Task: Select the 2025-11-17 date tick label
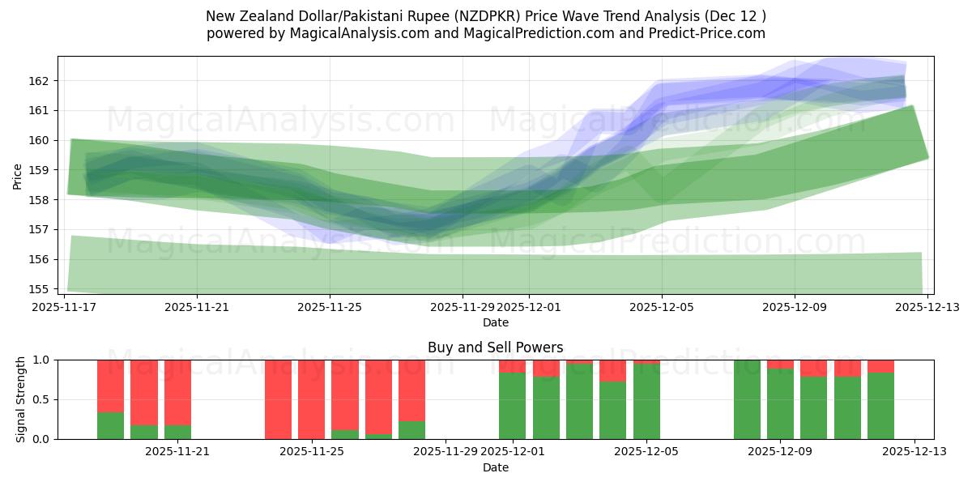tap(64, 308)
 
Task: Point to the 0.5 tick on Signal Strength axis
tap(40, 399)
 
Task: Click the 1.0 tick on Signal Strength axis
tap(40, 360)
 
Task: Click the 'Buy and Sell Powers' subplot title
tap(495, 347)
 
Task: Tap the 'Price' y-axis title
tap(18, 175)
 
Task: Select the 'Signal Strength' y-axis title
tap(22, 399)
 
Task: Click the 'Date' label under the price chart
tap(495, 322)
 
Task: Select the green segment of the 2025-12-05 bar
tap(646, 402)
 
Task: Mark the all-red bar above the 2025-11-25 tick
tap(312, 399)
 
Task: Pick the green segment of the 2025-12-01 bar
tap(512, 406)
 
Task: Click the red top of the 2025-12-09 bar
tap(780, 364)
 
